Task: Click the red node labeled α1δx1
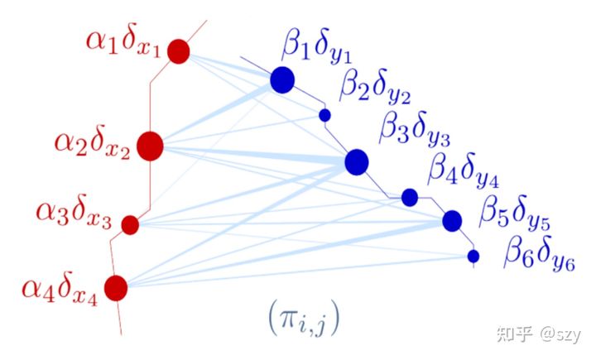[x=179, y=52]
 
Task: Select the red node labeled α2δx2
[x=151, y=146]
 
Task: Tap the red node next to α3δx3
[x=130, y=224]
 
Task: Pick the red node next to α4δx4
[x=116, y=287]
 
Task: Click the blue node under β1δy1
[x=282, y=79]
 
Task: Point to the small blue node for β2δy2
[x=324, y=115]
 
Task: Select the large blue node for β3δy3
[x=356, y=161]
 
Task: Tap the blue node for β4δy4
[x=409, y=197]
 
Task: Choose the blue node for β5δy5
[x=451, y=221]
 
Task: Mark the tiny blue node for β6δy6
[x=473, y=256]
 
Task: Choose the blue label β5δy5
[x=516, y=214]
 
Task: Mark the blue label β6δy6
[x=540, y=254]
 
